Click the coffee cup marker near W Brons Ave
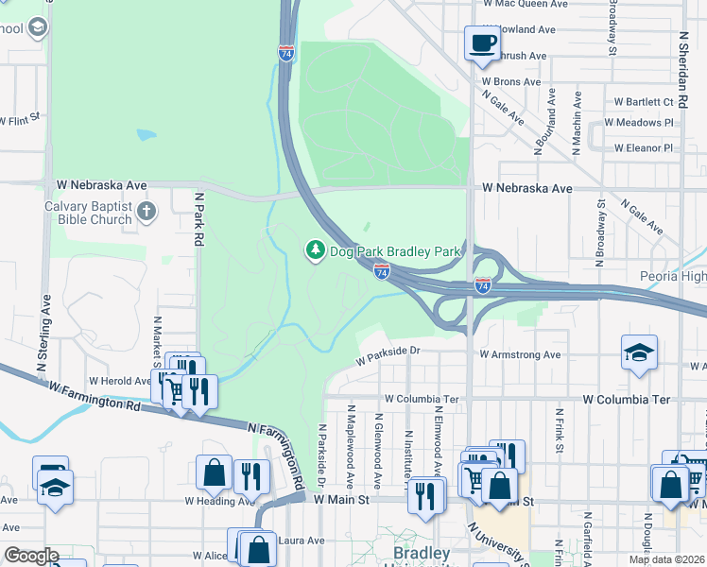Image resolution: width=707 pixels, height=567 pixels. pos(482,43)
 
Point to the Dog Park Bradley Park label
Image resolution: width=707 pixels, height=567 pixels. pos(394,251)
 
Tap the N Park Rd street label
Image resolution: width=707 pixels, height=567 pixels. pos(198,219)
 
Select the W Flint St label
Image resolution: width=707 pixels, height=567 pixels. pos(20,120)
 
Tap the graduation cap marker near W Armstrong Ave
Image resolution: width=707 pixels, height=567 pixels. pos(639,352)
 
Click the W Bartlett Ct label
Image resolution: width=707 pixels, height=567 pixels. pos(643,101)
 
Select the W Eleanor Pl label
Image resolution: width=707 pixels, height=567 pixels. pos(643,148)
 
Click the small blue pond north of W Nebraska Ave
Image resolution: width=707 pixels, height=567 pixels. pos(146,135)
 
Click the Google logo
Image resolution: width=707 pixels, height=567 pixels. pos(30,556)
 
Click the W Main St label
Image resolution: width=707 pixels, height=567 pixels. pos(340,499)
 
